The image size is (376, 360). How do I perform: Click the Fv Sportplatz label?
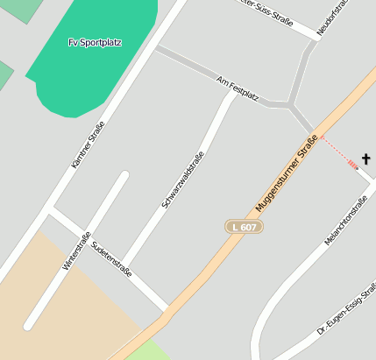tap(95, 42)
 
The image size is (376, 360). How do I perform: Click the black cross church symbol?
tap(365, 159)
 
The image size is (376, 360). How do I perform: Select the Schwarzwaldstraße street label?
tap(182, 179)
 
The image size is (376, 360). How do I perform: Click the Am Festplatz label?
tap(238, 88)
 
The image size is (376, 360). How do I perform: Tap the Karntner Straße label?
tap(88, 144)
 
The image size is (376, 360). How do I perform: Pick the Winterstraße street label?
tap(77, 251)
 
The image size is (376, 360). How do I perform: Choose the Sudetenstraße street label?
tap(111, 260)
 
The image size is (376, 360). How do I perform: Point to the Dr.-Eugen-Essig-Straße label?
tap(348, 312)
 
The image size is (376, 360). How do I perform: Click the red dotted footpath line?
tap(337, 151)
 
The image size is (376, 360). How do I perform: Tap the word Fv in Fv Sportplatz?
tap(73, 42)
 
